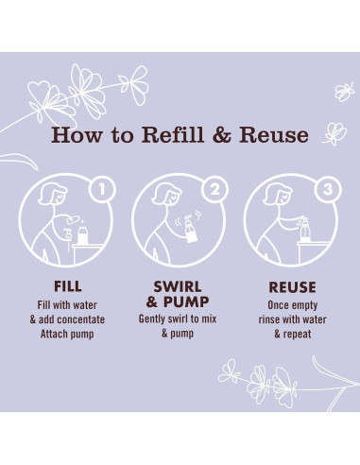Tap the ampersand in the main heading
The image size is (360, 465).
point(222,135)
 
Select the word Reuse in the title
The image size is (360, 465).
point(274,135)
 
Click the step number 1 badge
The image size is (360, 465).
point(102,189)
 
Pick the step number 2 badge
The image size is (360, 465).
point(214,189)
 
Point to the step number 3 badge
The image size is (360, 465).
point(328,189)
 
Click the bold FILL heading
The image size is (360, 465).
point(68,286)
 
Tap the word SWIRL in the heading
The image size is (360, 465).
point(178,286)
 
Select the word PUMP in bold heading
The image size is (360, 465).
point(186,301)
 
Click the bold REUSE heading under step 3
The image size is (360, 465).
point(292,287)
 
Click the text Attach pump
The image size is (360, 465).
point(67,334)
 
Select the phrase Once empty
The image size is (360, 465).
point(293,305)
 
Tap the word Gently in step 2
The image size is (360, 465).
point(152,319)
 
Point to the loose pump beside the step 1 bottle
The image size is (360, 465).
point(68,240)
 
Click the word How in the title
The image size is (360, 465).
point(77,135)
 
